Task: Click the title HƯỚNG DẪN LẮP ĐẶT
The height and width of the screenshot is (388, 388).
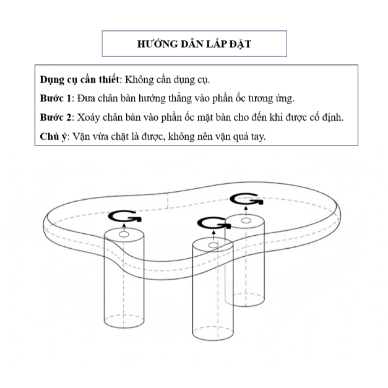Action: [194, 44]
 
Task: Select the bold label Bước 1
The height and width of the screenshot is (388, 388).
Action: [56, 98]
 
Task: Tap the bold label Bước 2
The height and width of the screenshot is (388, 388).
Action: [56, 117]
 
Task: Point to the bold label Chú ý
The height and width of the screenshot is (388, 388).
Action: [53, 136]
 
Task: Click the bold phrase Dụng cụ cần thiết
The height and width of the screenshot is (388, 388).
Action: [79, 80]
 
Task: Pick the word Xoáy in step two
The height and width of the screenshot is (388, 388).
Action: [88, 118]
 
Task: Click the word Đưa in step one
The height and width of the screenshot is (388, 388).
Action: [86, 98]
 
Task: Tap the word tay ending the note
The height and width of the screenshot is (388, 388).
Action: [258, 137]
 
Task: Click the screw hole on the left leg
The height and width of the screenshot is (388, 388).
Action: [124, 235]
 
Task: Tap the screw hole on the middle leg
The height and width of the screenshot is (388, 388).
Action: [213, 245]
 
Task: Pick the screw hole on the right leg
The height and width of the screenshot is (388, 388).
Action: [246, 220]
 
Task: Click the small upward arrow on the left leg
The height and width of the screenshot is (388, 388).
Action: [124, 227]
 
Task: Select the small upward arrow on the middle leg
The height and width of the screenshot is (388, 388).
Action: [213, 236]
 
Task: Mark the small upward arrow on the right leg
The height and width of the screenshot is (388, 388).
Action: [246, 212]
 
